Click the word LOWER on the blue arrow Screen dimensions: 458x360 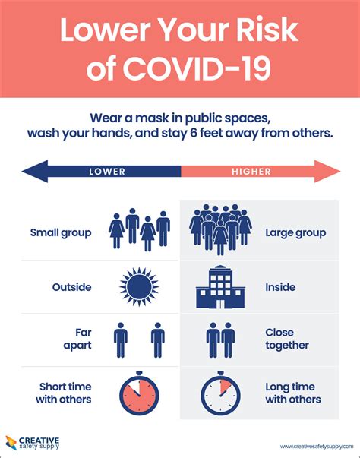(x=107, y=172)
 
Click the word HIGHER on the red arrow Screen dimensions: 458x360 (x=252, y=172)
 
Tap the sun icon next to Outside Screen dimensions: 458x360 (x=139, y=287)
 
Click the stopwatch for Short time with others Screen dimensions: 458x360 (x=139, y=394)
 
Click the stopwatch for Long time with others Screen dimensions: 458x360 (x=220, y=394)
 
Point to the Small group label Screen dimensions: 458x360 (x=61, y=232)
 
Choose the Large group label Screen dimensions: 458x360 (x=295, y=232)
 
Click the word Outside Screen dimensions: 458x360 (x=71, y=287)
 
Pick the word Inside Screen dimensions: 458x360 (x=280, y=287)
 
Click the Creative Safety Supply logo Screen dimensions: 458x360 (x=34, y=442)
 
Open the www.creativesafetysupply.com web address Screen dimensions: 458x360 (x=314, y=446)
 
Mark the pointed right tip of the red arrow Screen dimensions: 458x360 (x=339, y=171)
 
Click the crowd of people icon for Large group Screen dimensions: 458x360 (x=220, y=228)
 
